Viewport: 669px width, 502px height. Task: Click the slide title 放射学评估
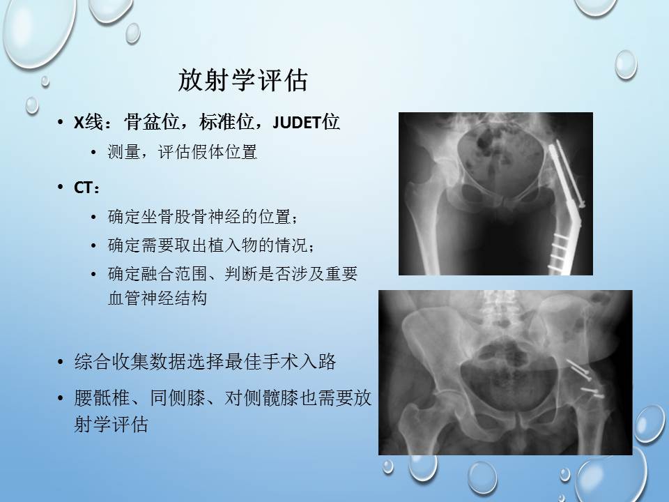[x=243, y=79]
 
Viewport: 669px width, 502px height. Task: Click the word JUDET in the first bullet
[x=297, y=123]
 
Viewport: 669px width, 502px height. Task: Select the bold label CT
[x=83, y=188]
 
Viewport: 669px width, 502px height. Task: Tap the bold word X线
[x=89, y=123]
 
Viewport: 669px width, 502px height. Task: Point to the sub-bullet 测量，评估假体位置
[x=182, y=152]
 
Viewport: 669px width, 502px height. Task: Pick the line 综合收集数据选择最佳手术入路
[x=205, y=362]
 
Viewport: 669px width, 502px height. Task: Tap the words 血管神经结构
[x=157, y=298]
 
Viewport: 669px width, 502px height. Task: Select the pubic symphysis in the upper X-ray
[x=504, y=201]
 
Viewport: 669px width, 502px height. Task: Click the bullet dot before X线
[x=61, y=123]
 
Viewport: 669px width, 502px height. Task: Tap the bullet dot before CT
[x=61, y=188]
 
